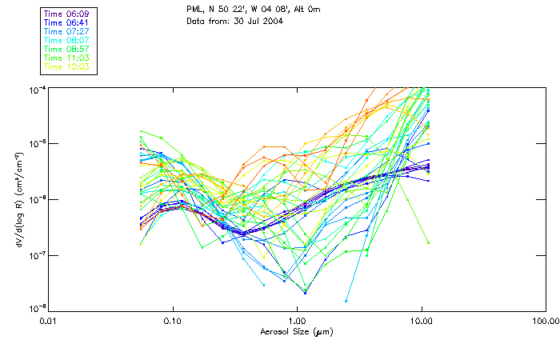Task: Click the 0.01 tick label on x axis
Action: tap(49, 321)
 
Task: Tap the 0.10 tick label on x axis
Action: tap(173, 321)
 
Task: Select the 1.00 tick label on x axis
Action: tap(297, 321)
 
